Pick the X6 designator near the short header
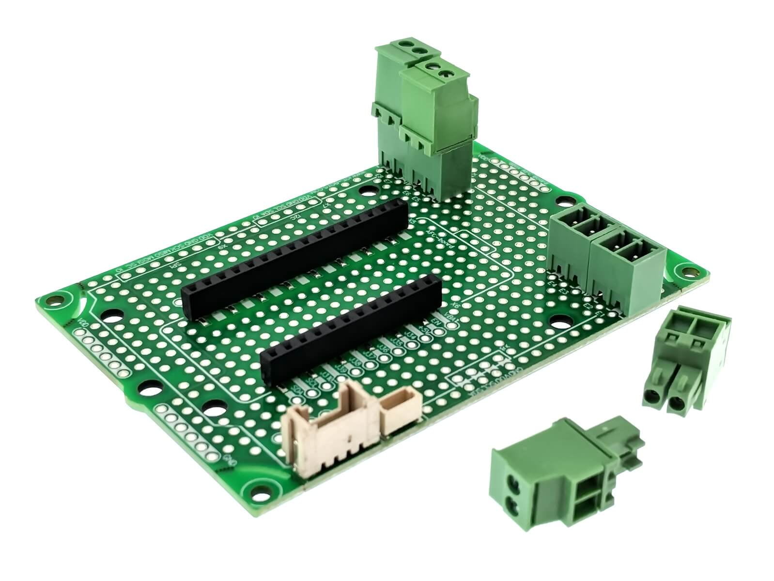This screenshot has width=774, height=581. (x=454, y=305)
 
